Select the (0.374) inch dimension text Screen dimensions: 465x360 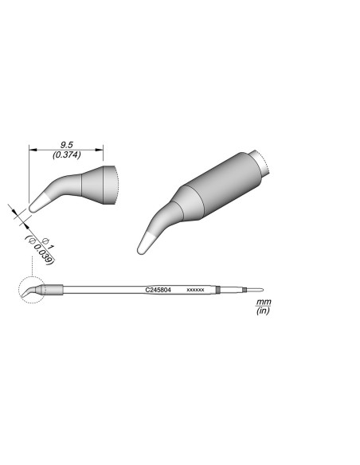coord(67,156)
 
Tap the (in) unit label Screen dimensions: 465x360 coord(262,312)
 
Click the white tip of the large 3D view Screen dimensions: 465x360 coord(147,244)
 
